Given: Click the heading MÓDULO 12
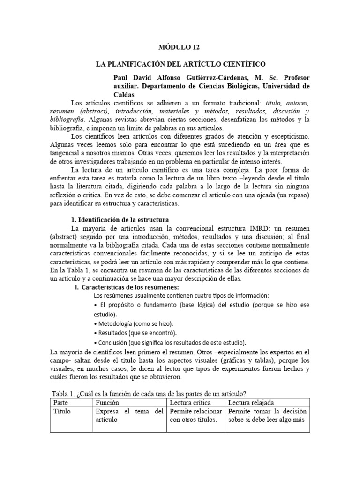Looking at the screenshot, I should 180,47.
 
